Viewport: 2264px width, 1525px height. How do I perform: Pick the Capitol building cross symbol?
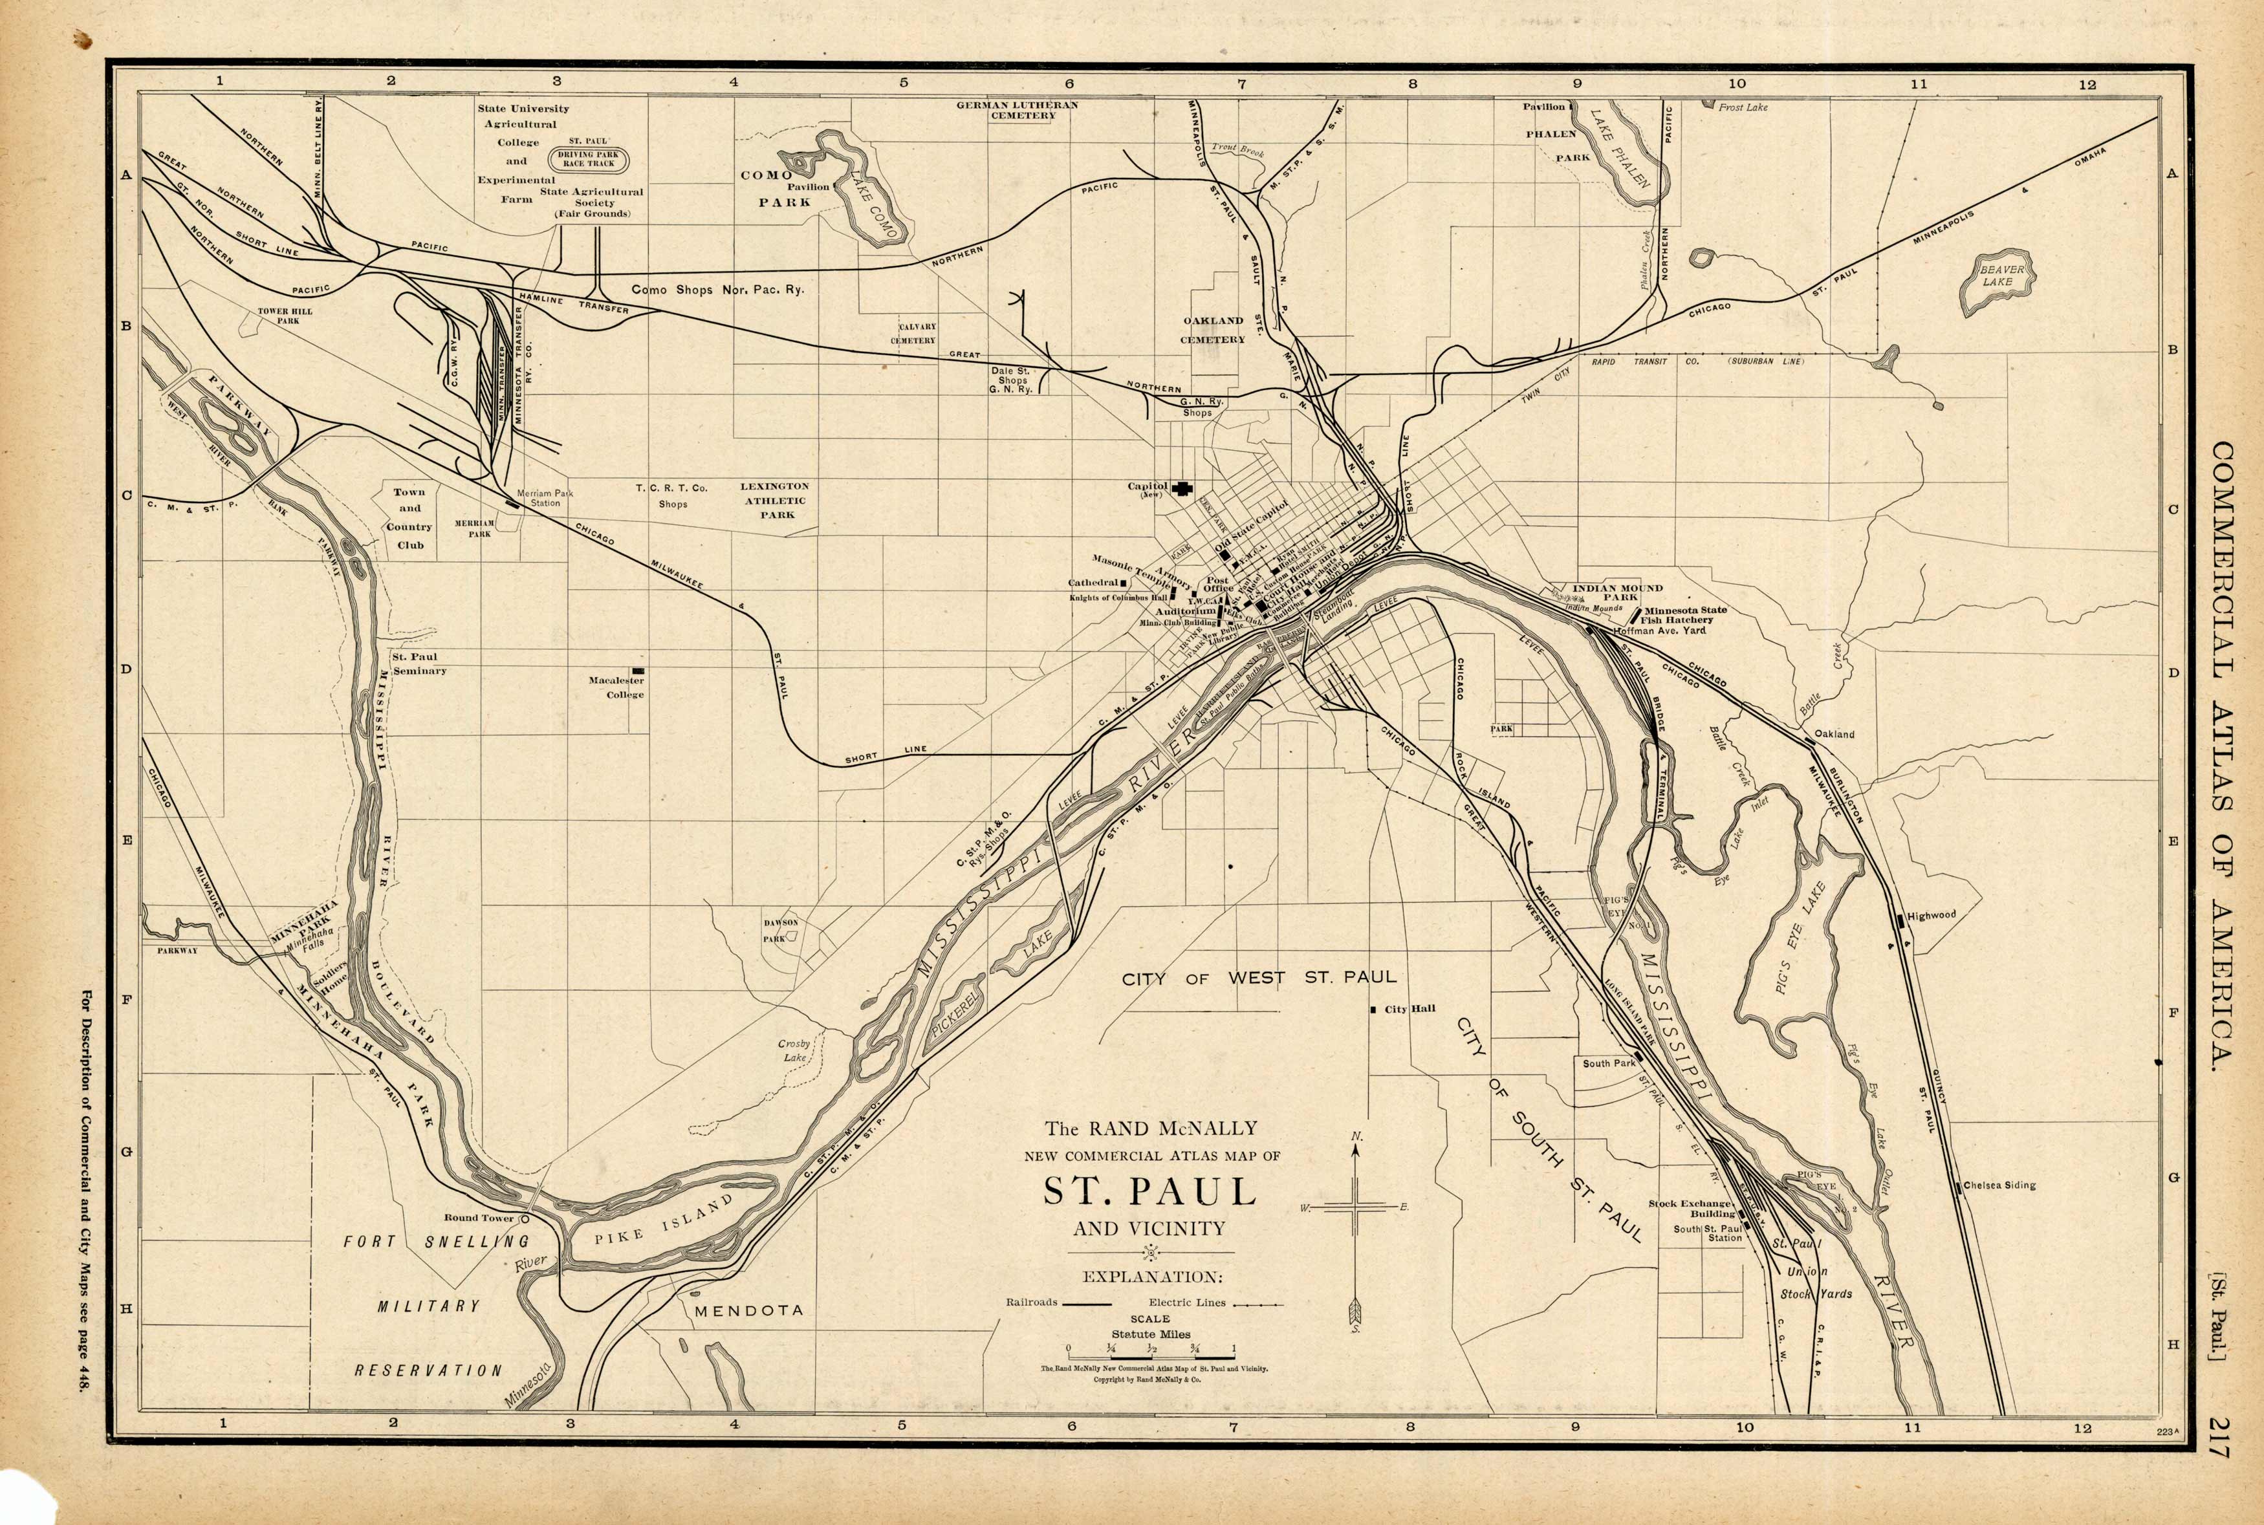pyautogui.click(x=1182, y=488)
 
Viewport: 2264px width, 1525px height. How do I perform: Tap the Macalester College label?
pyautogui.click(x=616, y=687)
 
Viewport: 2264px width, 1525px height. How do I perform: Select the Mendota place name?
pyautogui.click(x=748, y=1311)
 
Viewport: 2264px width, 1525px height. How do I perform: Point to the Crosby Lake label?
pyautogui.click(x=794, y=1050)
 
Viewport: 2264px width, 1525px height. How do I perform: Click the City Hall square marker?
pyautogui.click(x=1373, y=1010)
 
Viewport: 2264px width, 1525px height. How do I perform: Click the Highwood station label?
pyautogui.click(x=1930, y=915)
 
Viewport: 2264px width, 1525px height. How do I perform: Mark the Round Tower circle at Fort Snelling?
pyautogui.click(x=525, y=1218)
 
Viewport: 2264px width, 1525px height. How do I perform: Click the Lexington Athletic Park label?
pyautogui.click(x=775, y=500)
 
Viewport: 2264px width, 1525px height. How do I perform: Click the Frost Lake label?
pyautogui.click(x=1743, y=107)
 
